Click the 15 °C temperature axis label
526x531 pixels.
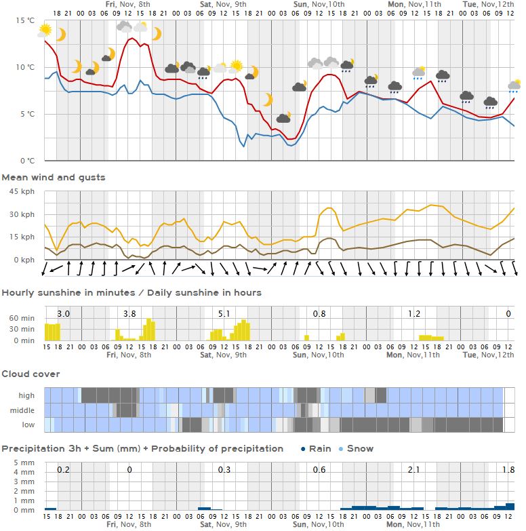tap(25, 21)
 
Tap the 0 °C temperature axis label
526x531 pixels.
tap(27, 161)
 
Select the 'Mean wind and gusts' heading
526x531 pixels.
tap(54, 178)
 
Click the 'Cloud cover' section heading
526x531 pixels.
tap(31, 374)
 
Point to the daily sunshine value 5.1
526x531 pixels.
tap(224, 314)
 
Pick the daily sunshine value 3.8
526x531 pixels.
tap(129, 314)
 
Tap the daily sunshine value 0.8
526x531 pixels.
tap(319, 314)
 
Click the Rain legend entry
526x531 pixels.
tap(315, 448)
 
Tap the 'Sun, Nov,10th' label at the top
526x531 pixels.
tap(319, 4)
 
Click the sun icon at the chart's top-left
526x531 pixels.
tap(45, 30)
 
